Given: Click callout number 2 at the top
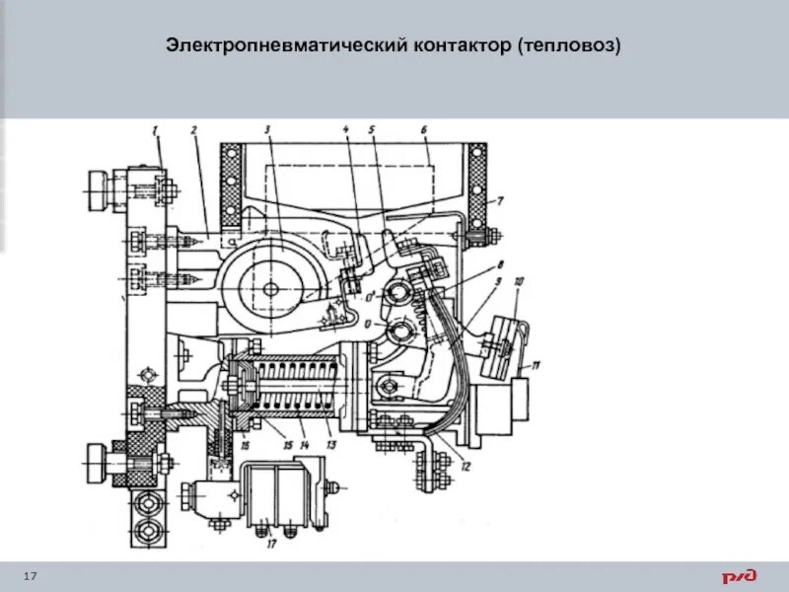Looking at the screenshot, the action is pyautogui.click(x=194, y=130).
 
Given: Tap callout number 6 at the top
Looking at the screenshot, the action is pyautogui.click(x=422, y=130).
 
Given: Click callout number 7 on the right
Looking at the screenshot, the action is pyautogui.click(x=500, y=201).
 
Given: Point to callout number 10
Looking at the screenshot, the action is pyautogui.click(x=520, y=282).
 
